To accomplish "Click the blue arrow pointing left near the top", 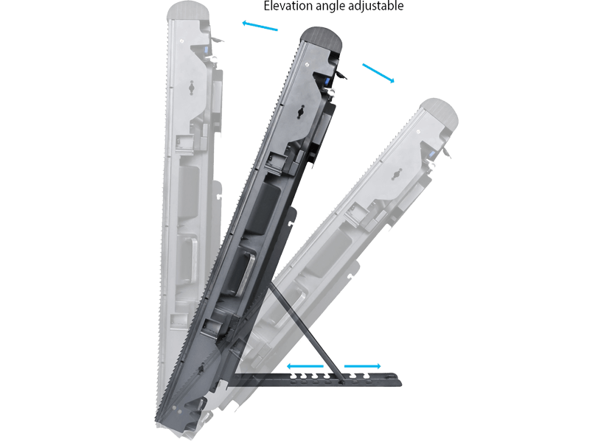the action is click(260, 26).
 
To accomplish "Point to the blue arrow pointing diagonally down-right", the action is click(378, 73).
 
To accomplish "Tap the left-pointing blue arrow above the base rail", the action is click(305, 366).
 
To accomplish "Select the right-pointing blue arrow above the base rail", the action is click(363, 366).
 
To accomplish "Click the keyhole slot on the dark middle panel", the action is click(302, 112).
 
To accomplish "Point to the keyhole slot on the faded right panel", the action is click(396, 175).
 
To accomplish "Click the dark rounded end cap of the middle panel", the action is click(322, 39).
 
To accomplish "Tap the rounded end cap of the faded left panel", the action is click(188, 10).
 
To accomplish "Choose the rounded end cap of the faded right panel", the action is click(440, 112).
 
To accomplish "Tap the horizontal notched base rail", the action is click(316, 379).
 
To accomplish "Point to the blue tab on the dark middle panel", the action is click(326, 82).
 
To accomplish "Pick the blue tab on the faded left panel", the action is click(206, 50).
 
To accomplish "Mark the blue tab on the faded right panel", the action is click(431, 155).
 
